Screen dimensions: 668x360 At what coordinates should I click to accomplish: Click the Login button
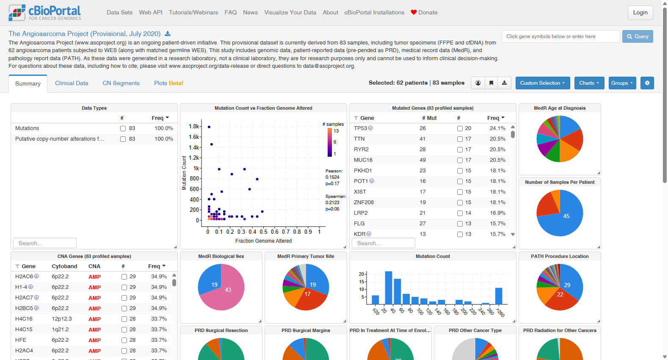click(640, 13)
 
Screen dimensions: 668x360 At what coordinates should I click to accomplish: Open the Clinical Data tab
click(72, 83)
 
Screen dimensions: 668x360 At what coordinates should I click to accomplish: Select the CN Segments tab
click(121, 83)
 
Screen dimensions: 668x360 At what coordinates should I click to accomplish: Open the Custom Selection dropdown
click(542, 83)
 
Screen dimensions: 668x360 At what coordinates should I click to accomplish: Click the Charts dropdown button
click(589, 83)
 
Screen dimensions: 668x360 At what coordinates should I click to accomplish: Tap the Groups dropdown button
click(622, 83)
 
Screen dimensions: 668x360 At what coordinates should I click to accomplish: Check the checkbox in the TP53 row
click(460, 129)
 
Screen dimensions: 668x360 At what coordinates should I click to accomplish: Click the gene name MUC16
click(363, 160)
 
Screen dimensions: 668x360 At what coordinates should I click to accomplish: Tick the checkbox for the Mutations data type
click(123, 129)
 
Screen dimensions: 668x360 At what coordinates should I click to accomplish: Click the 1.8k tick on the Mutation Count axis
click(194, 127)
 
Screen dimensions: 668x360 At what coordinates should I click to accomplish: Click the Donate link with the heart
click(424, 13)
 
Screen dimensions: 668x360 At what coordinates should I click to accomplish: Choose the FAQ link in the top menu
click(231, 13)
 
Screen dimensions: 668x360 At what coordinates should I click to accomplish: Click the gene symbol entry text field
click(560, 36)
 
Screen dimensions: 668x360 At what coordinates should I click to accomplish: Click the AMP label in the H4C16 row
click(94, 319)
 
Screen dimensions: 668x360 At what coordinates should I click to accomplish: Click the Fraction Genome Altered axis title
click(263, 241)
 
